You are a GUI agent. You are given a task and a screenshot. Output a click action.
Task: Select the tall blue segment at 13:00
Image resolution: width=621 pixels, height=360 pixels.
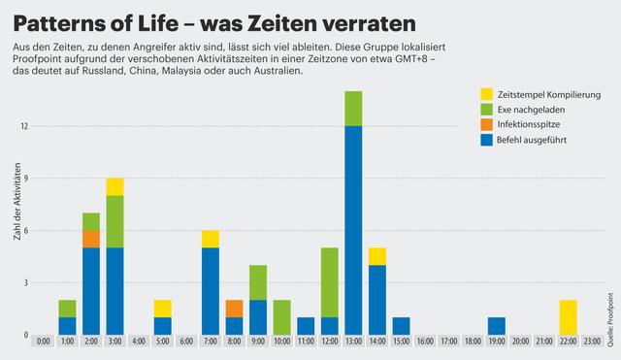click(353, 230)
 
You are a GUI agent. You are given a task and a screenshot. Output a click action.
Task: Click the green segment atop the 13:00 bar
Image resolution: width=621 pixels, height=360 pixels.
click(353, 109)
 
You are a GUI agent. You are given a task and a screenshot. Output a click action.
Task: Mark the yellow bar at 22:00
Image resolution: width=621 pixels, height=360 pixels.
click(568, 317)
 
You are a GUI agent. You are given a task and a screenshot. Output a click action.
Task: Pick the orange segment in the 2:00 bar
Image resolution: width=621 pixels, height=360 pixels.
click(91, 239)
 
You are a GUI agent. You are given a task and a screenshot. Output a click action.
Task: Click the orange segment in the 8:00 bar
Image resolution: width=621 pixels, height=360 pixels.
click(234, 309)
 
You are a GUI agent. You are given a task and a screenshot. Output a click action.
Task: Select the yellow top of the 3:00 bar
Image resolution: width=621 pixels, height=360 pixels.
click(115, 186)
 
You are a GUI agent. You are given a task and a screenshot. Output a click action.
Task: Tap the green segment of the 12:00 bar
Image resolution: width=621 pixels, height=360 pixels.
click(329, 282)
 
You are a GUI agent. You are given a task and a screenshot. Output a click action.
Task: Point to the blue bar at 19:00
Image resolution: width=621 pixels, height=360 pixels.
click(496, 326)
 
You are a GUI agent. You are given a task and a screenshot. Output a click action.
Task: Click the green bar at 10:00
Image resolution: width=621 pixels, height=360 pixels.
click(281, 317)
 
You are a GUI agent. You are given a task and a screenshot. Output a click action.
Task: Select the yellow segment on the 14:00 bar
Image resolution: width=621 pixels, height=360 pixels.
click(377, 256)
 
